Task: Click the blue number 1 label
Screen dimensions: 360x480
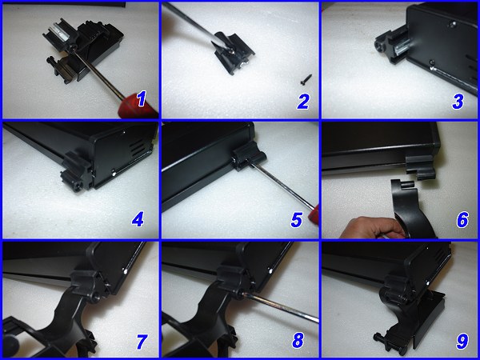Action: pos(142,99)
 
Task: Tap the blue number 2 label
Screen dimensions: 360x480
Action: pos(302,100)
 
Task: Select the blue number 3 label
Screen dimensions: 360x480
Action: pos(462,100)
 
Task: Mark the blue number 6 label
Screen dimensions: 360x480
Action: pos(462,218)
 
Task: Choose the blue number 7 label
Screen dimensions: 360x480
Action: pos(141,341)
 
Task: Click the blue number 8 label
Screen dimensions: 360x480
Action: pos(298,341)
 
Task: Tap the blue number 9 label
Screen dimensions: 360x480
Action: pos(461,341)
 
